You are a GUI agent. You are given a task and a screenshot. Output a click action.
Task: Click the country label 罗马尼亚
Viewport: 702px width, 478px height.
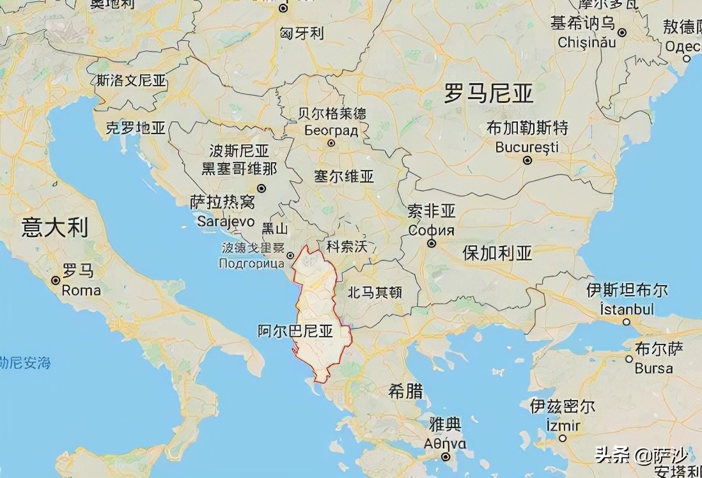coord(489,95)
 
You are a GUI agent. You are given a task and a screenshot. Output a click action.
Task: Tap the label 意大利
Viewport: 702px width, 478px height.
coord(54,227)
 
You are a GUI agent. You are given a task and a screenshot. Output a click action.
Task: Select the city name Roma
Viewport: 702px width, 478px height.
coord(81,290)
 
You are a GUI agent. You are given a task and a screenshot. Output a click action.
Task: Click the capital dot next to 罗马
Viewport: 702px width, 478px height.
coord(56,280)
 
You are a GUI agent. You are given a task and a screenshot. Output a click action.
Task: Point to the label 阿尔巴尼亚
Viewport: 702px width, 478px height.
coord(295,331)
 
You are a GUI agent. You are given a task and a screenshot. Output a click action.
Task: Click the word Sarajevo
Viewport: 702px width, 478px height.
coord(226,221)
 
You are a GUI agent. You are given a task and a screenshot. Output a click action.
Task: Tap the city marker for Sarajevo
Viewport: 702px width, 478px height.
coord(261,188)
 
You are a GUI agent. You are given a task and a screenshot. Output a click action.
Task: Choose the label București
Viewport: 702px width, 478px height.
coord(527,147)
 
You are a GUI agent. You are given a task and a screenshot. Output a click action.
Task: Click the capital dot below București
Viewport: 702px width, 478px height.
coord(527,160)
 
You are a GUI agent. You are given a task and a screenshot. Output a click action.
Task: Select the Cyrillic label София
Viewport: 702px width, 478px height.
coord(432,230)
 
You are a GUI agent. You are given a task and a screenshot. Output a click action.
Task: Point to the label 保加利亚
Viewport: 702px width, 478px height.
coord(497,254)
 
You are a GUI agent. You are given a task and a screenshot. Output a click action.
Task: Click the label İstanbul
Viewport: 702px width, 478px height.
coord(627,309)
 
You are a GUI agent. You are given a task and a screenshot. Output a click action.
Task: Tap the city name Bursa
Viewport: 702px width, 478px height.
coord(653,368)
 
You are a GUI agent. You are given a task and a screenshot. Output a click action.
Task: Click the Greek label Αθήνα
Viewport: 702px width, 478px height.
coord(445,443)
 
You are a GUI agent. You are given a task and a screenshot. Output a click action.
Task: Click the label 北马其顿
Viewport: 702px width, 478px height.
coord(375,293)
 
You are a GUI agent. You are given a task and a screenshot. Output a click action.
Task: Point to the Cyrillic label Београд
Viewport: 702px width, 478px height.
coord(331,130)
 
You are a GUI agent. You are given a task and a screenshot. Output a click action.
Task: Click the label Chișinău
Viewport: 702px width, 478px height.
coord(586,42)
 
